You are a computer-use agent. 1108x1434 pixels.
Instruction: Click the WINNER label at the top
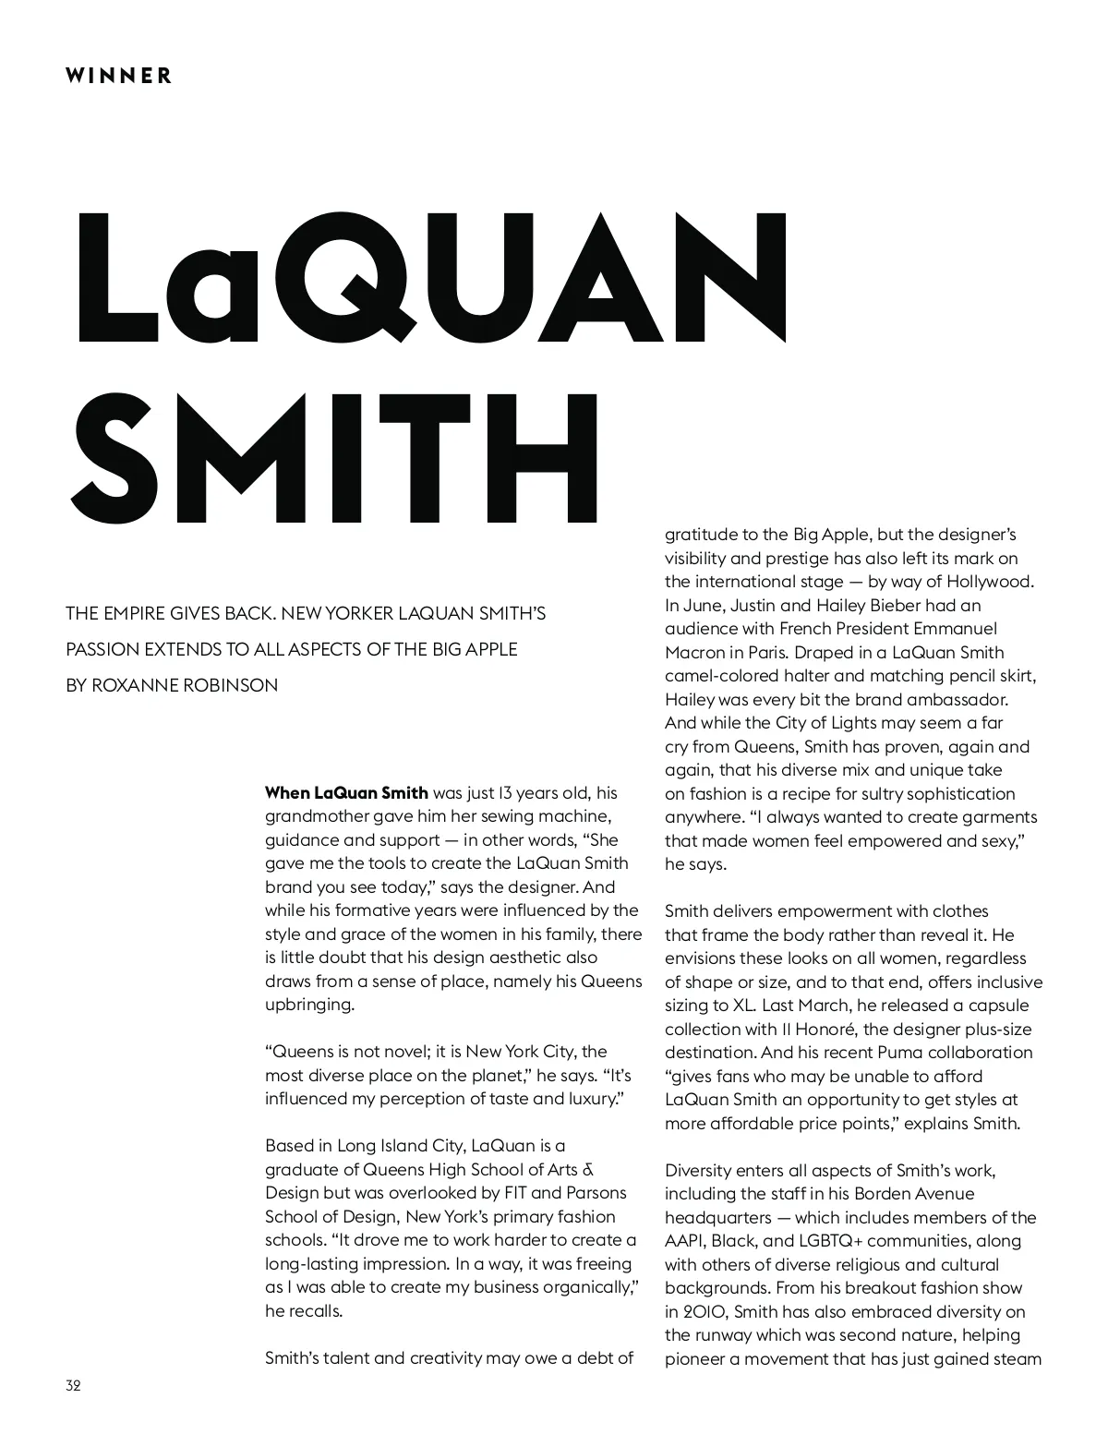pos(118,76)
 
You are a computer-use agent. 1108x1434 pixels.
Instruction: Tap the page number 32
pos(74,1385)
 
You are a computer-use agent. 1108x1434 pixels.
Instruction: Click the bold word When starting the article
pos(287,792)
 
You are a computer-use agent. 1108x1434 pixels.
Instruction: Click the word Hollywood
pos(991,582)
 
